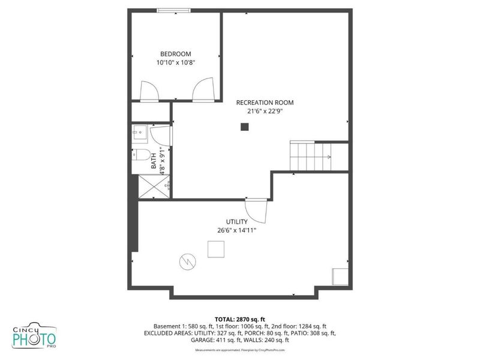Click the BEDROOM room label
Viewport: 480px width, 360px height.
point(176,54)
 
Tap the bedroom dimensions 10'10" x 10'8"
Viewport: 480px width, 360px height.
point(176,62)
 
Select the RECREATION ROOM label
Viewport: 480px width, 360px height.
point(265,103)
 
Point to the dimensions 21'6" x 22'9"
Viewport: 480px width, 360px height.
point(265,110)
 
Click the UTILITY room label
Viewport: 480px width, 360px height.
point(237,221)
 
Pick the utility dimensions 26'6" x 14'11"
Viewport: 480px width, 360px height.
point(237,229)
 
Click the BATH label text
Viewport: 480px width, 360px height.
point(154,160)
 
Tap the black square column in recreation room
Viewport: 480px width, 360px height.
point(244,127)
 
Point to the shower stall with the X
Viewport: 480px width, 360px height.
point(151,186)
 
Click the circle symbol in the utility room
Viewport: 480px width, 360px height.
point(187,262)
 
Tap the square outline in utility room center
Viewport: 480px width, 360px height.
point(216,248)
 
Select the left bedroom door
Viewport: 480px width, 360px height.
point(149,91)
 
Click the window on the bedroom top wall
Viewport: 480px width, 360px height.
point(174,10)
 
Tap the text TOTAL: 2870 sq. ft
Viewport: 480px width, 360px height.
point(240,319)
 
